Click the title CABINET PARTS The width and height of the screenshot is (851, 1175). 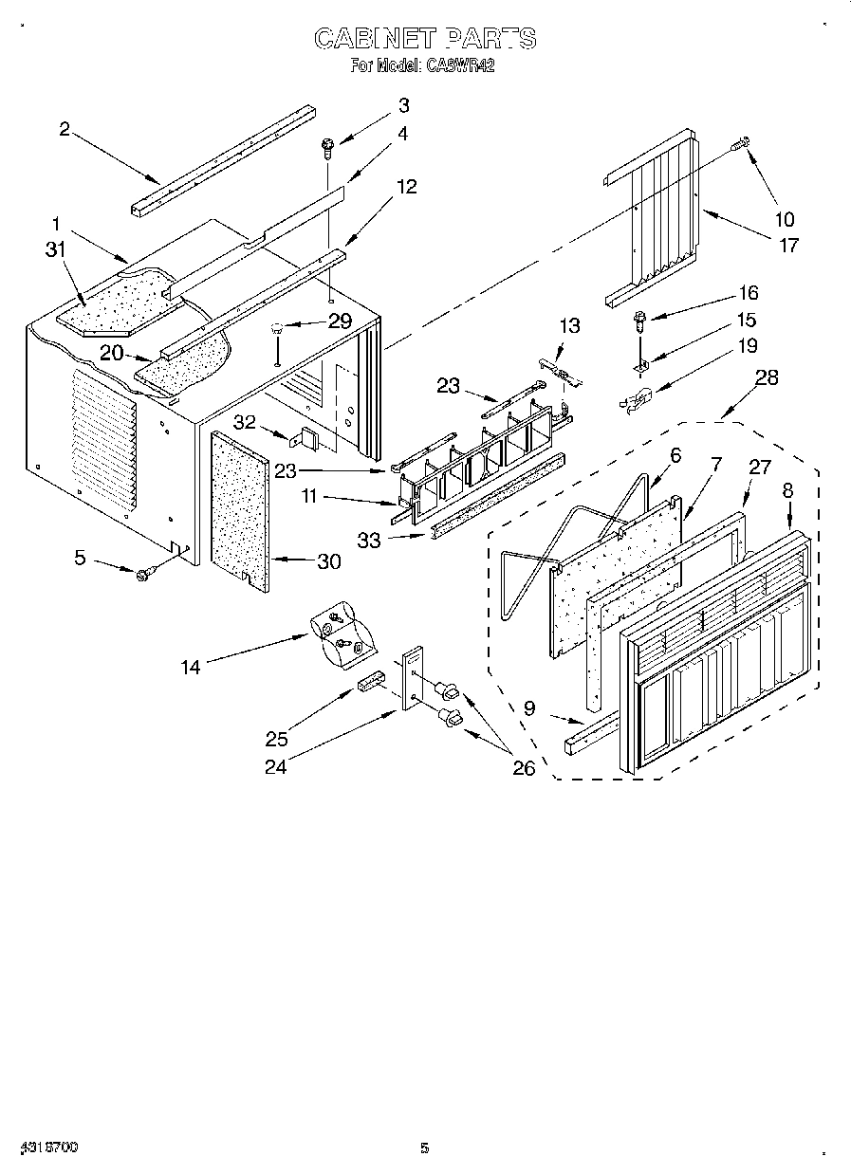point(425,38)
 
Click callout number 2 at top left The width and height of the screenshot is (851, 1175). point(65,129)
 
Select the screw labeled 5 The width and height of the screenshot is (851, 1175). point(146,573)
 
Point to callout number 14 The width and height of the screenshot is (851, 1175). point(192,667)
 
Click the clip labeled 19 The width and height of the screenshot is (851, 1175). point(635,402)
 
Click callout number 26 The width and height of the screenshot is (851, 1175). point(523,767)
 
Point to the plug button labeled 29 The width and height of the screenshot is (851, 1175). point(278,330)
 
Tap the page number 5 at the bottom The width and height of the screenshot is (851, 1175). point(425,1148)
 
